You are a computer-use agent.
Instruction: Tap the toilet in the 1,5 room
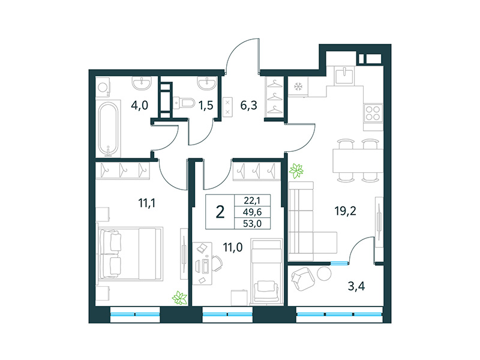pos(183,103)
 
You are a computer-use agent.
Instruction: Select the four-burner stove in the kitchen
pos(373,113)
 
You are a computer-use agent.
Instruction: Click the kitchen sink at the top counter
pos(344,76)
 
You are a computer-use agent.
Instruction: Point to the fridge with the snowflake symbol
pos(296,86)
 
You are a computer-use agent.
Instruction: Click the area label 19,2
pos(346,211)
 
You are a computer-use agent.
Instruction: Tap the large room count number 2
pos(221,212)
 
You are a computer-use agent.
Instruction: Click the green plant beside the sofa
pos(296,171)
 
